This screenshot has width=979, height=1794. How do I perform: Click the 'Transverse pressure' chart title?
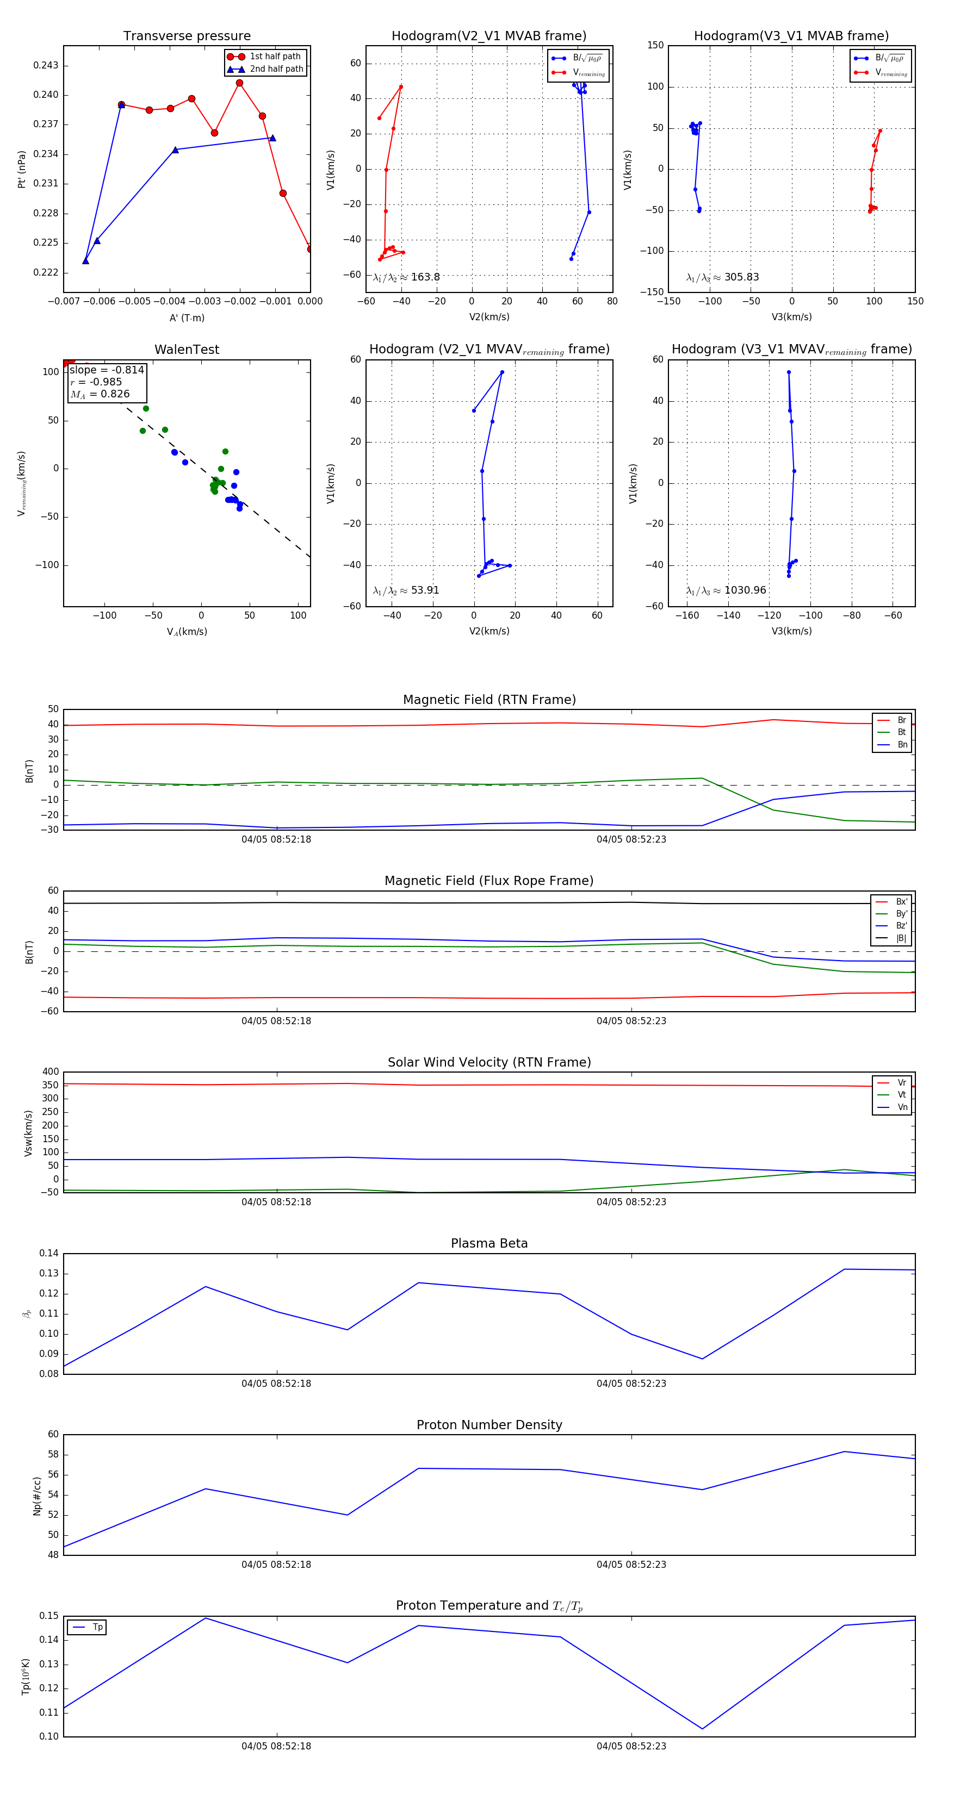[x=187, y=36]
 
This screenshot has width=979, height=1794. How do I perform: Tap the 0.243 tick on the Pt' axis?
[x=46, y=65]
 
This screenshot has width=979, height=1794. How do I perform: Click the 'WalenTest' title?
[x=187, y=350]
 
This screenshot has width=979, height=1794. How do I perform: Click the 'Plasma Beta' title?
[x=489, y=1244]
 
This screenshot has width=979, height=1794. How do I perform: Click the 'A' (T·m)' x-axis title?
[x=187, y=318]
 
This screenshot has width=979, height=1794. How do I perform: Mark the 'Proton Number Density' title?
[x=489, y=1425]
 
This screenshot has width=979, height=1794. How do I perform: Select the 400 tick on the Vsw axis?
[x=50, y=1072]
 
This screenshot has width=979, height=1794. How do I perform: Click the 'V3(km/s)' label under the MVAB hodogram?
[x=791, y=317]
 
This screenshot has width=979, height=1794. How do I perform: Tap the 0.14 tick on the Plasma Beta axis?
[x=49, y=1254]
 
